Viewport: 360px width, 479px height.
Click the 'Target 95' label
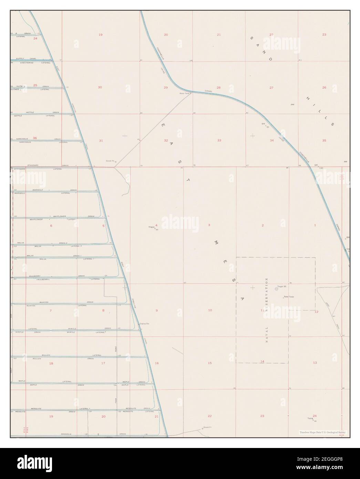282,287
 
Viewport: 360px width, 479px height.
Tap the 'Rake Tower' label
289,297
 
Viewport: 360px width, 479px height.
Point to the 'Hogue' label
151,227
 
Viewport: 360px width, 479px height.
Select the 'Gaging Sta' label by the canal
144,324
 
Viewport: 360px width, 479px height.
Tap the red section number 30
100,88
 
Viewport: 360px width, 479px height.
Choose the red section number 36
35,138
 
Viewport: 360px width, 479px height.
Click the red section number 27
271,88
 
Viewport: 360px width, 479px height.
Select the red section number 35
324,141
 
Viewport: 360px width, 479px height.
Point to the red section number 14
262,361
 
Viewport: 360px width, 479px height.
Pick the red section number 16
157,363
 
